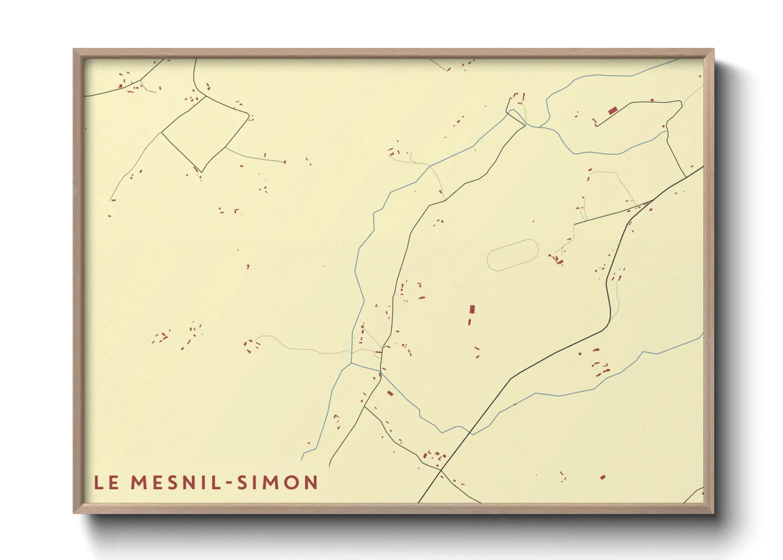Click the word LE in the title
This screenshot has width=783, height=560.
click(106, 482)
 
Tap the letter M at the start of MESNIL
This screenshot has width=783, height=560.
click(139, 482)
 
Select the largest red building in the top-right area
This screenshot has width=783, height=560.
click(613, 111)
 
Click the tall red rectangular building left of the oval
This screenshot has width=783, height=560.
click(472, 309)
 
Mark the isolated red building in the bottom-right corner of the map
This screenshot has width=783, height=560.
click(603, 477)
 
